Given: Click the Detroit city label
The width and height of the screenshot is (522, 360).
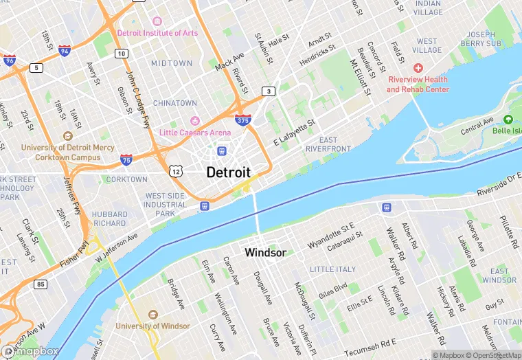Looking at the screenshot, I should (228, 172).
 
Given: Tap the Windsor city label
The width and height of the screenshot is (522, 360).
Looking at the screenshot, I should (265, 253).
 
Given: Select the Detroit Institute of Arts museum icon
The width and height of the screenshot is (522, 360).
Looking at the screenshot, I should (157, 22).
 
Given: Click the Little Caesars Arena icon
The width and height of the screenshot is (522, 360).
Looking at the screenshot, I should (194, 122).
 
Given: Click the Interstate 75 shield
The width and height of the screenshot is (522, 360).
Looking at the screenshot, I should (126, 159).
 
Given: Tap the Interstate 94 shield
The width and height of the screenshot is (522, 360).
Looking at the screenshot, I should (64, 51).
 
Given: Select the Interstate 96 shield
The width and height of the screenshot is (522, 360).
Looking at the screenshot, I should (9, 60).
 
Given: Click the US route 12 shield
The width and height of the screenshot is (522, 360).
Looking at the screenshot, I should (177, 169).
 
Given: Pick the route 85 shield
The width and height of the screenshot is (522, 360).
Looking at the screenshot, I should (41, 284).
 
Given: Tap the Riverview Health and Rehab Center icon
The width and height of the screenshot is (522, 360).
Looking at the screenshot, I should (418, 69).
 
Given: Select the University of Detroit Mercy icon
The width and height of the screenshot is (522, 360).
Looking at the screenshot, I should (67, 137).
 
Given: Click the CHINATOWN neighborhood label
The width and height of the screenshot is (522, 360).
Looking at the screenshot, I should (174, 103).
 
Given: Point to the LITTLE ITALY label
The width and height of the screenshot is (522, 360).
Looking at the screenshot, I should (332, 269).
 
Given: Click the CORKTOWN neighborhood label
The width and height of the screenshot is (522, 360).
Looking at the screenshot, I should (127, 179).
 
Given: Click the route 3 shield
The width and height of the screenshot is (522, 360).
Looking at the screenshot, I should (268, 91).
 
